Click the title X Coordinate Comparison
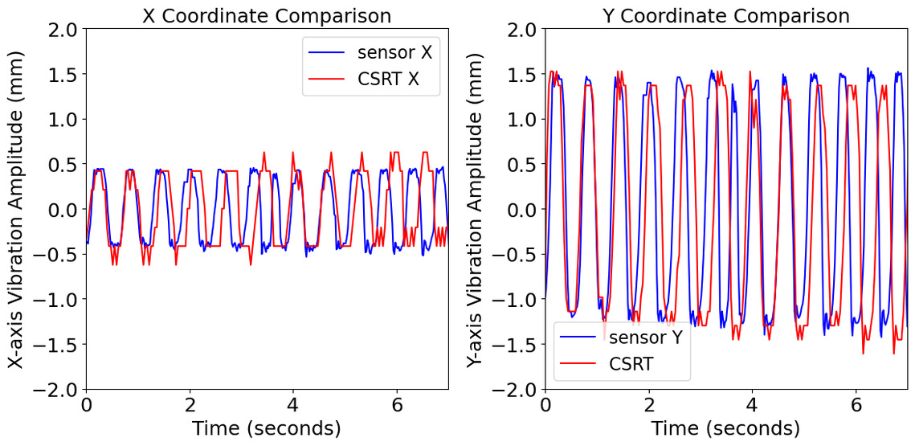point(267,15)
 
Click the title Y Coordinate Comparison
point(725,15)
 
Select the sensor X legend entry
point(393,52)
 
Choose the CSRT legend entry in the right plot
point(631,363)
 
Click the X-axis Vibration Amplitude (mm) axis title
point(17,209)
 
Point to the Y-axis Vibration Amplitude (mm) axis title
point(476,209)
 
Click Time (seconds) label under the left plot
point(267,428)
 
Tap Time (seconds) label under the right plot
point(725,428)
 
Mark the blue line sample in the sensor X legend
point(326,52)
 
